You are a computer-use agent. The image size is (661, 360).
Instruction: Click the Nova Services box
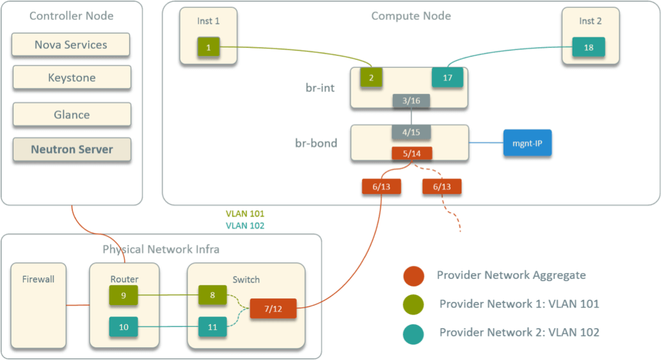(71, 45)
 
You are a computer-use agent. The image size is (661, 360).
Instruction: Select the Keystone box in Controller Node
(72, 78)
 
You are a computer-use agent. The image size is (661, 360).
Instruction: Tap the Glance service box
(72, 114)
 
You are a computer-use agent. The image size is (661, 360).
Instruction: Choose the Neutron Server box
(72, 150)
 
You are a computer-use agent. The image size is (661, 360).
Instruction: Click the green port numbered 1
(209, 47)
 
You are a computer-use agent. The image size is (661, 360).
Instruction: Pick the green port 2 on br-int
(371, 78)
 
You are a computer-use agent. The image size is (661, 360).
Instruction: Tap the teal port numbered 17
(447, 78)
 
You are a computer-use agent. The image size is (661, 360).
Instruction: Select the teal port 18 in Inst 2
(588, 47)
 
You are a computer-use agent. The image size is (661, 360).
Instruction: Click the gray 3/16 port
(411, 100)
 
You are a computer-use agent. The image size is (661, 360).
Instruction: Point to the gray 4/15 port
(411, 132)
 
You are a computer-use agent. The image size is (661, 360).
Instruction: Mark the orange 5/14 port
(411, 153)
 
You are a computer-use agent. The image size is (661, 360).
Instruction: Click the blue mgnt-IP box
(527, 142)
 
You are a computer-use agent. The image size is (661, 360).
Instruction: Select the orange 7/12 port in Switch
(273, 309)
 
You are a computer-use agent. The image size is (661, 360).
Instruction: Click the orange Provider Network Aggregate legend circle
(413, 276)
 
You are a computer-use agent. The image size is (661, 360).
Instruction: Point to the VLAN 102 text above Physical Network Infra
(244, 226)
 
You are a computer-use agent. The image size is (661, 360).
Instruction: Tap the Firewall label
(38, 279)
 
